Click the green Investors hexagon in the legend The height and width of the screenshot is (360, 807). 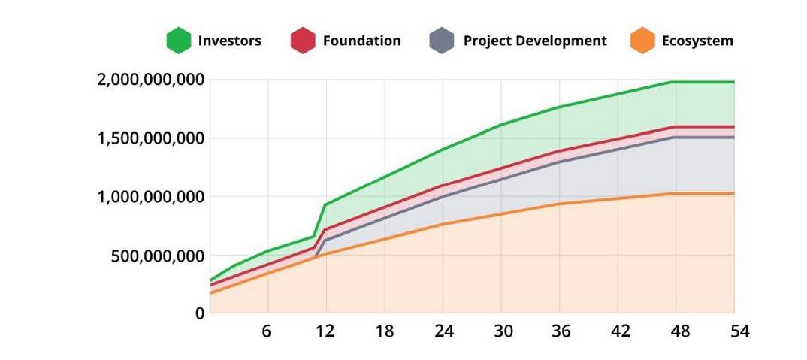(x=179, y=41)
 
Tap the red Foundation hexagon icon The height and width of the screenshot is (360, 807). (x=302, y=41)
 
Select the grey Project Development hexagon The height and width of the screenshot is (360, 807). (x=442, y=41)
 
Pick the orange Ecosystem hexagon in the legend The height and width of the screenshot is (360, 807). (x=642, y=41)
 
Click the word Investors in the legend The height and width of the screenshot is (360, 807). (x=230, y=41)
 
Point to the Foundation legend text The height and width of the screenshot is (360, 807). (x=361, y=41)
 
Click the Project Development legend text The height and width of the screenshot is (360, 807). (x=535, y=41)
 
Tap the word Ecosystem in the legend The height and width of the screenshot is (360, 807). (x=697, y=41)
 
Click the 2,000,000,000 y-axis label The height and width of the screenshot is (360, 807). (x=151, y=80)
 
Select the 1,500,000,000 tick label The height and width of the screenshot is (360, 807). (x=151, y=138)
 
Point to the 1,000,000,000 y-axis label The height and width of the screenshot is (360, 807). (x=151, y=197)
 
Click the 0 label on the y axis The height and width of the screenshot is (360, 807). (x=200, y=313)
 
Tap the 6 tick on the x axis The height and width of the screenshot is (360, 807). (x=267, y=331)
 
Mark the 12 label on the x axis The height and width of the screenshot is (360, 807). (x=325, y=331)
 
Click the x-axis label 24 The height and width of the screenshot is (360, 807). (x=443, y=331)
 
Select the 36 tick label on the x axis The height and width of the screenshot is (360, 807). (x=561, y=331)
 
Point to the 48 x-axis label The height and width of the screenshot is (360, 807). (x=679, y=331)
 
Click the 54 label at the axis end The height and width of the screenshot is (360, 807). (x=739, y=331)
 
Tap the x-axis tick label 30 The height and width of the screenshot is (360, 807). (x=502, y=331)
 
